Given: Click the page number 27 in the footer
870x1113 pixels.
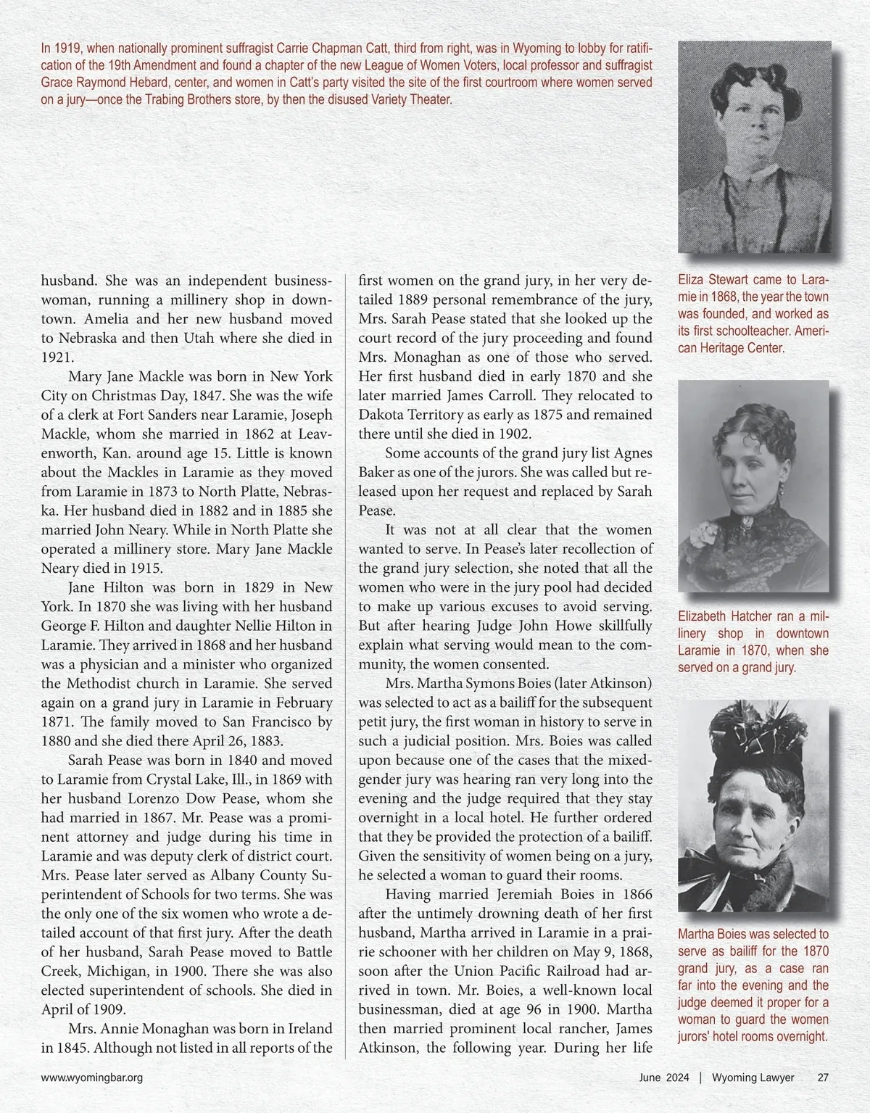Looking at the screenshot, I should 823,1077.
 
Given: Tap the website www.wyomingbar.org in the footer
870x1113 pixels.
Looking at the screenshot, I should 91,1077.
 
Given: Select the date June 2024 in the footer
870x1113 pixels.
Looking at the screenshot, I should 664,1077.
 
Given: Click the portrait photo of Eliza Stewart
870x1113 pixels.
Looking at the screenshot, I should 753,146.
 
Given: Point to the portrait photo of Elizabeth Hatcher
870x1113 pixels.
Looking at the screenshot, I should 753,486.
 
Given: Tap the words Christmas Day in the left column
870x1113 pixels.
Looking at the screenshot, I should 148,396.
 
